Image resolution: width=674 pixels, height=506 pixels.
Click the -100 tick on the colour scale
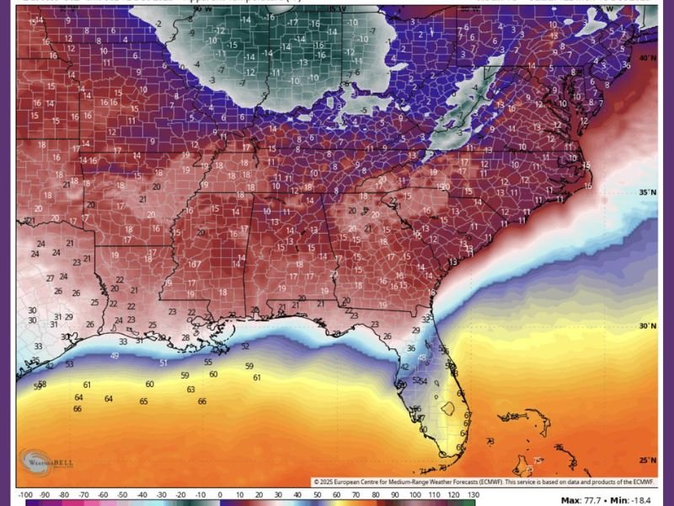click(x=25, y=494)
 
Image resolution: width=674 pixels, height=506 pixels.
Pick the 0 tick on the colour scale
click(x=220, y=494)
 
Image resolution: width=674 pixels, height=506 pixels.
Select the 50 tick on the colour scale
click(x=317, y=494)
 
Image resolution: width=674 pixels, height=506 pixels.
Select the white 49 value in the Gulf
click(x=114, y=356)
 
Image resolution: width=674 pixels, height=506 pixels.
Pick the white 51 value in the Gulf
click(x=163, y=363)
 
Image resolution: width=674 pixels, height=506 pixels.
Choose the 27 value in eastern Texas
click(x=51, y=277)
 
